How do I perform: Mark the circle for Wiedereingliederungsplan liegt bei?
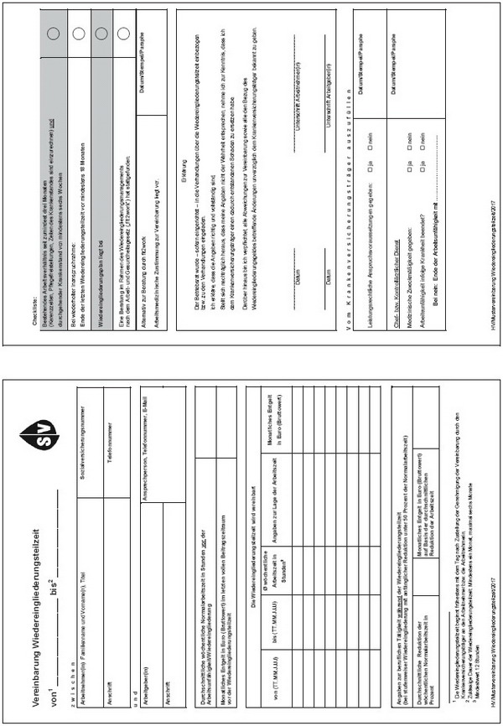coord(99,33)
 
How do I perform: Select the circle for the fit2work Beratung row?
coord(122,33)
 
